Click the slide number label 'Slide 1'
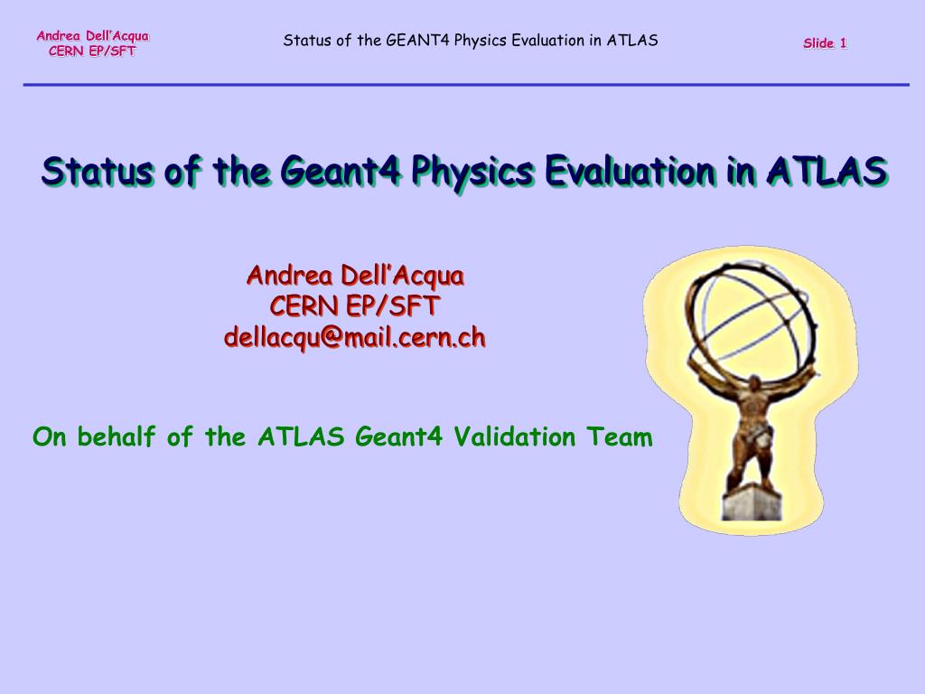tap(825, 43)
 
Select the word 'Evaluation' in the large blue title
tap(630, 170)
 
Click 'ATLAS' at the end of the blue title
tap(827, 170)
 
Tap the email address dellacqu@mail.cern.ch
tap(354, 338)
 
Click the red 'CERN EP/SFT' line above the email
tap(354, 305)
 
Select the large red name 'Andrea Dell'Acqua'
tap(355, 276)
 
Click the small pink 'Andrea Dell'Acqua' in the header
tap(93, 36)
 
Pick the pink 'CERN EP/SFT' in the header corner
tap(92, 52)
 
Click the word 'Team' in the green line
tap(620, 436)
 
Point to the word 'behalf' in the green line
tap(117, 436)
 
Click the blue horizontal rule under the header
tap(466, 85)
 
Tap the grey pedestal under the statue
tap(752, 502)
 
